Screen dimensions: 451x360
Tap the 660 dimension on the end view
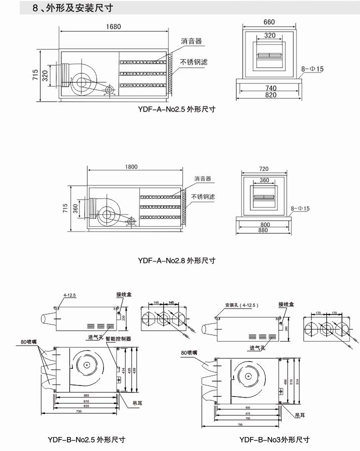click(269, 22)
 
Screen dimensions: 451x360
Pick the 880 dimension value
click(265, 231)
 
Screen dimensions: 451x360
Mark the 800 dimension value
click(265, 225)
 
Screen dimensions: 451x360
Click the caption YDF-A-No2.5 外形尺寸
click(176, 109)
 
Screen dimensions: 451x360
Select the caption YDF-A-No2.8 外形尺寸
click(176, 260)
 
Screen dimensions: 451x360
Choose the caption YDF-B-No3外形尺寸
click(274, 440)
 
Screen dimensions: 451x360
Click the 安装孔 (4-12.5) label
click(241, 304)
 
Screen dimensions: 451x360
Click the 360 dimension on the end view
click(264, 180)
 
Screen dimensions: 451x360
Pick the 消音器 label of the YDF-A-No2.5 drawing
click(191, 41)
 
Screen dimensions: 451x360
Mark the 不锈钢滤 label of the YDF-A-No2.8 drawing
click(204, 197)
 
